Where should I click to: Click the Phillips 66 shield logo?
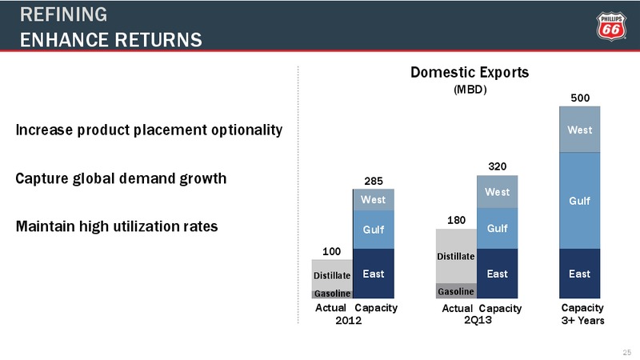(611, 26)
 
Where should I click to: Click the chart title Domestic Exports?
(470, 72)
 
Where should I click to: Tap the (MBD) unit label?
(470, 90)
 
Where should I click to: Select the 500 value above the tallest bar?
(580, 98)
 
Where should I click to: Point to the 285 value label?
(374, 181)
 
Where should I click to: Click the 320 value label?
(497, 166)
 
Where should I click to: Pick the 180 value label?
(456, 221)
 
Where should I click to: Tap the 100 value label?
(331, 251)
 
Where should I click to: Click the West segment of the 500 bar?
(579, 130)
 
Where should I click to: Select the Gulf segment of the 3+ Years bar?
(579, 201)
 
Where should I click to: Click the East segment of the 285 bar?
(374, 274)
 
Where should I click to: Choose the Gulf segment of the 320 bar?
(497, 228)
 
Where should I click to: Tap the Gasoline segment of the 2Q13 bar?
(456, 291)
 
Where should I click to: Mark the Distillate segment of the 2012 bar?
(332, 275)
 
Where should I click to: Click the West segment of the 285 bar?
(374, 199)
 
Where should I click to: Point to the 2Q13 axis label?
(478, 320)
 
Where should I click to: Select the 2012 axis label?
(349, 321)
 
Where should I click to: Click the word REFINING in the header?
(64, 14)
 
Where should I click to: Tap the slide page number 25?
(627, 352)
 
